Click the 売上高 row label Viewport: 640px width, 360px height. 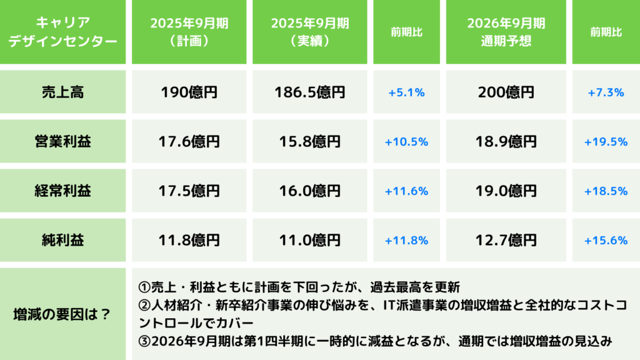[62, 92]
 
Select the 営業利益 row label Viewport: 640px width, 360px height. [62, 142]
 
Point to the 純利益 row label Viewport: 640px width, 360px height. [62, 240]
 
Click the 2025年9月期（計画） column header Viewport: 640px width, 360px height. [189, 32]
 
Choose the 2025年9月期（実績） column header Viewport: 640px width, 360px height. [310, 32]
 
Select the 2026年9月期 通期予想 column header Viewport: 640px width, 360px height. [506, 32]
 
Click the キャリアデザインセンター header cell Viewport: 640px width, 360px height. [62, 32]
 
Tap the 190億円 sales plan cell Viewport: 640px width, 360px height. [189, 92]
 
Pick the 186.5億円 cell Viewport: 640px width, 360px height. [310, 92]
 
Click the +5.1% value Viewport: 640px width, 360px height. [406, 92]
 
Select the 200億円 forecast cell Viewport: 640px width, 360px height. [506, 92]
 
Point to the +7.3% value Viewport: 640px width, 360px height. [606, 92]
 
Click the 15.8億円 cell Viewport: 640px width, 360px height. [310, 142]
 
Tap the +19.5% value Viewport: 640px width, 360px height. [606, 142]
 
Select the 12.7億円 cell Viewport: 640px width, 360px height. [506, 240]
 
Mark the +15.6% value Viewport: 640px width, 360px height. [606, 240]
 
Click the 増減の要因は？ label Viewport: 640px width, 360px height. [62, 314]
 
